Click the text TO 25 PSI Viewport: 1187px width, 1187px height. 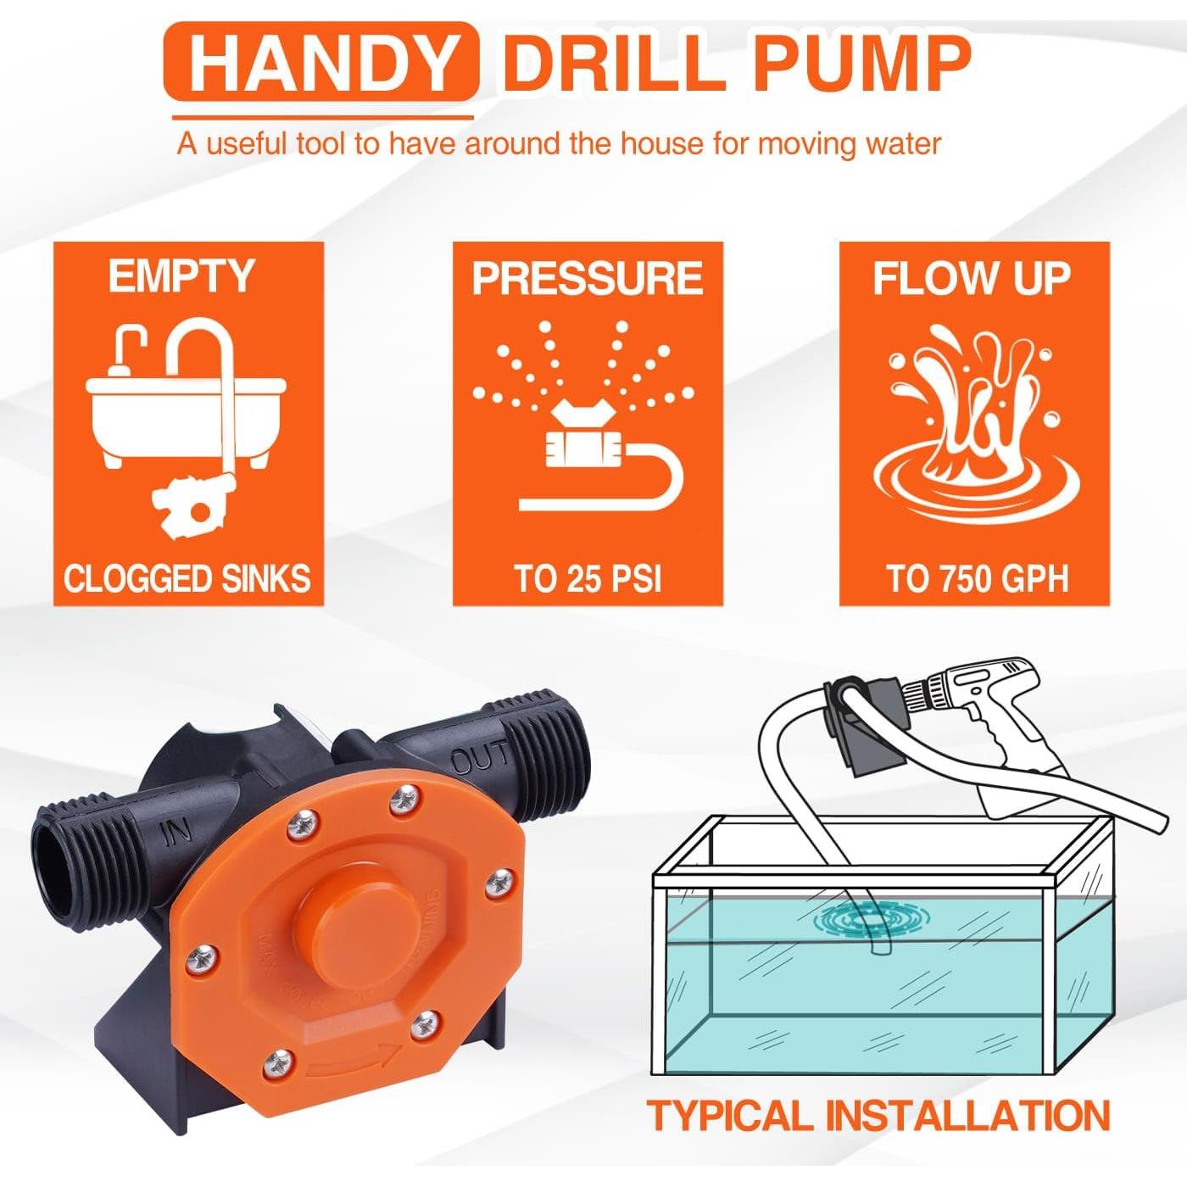coord(587,579)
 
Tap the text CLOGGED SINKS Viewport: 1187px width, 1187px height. coord(187,579)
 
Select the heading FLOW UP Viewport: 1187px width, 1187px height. coord(972,279)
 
